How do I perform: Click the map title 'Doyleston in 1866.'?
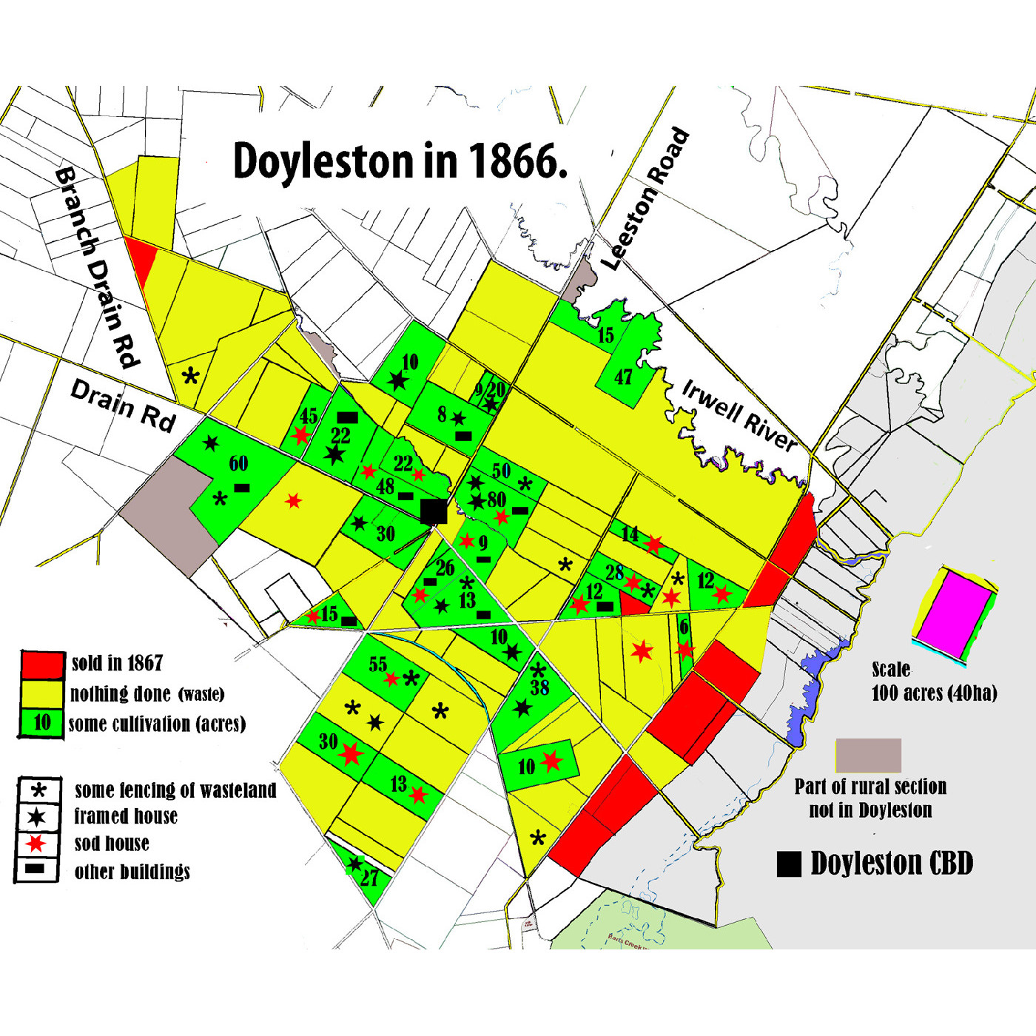(x=400, y=161)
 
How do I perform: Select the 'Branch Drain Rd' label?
(x=97, y=266)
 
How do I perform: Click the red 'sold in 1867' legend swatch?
(x=42, y=665)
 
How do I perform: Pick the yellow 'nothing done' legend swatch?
(x=42, y=693)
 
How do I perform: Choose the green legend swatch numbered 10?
(x=42, y=722)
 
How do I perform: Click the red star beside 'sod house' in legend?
(x=36, y=843)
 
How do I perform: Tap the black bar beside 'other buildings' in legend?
(x=36, y=869)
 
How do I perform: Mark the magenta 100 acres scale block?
(x=954, y=613)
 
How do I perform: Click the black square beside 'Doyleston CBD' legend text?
(x=789, y=864)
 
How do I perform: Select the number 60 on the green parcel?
(x=238, y=464)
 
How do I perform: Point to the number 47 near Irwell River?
(x=623, y=377)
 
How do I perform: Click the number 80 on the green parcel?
(x=496, y=499)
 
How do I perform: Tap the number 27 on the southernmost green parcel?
(x=369, y=878)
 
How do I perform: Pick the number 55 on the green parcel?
(x=377, y=665)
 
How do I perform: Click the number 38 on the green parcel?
(x=539, y=687)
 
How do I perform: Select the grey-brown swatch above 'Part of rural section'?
(x=869, y=755)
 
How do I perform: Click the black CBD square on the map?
(x=433, y=511)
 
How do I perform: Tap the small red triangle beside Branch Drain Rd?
(x=143, y=260)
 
